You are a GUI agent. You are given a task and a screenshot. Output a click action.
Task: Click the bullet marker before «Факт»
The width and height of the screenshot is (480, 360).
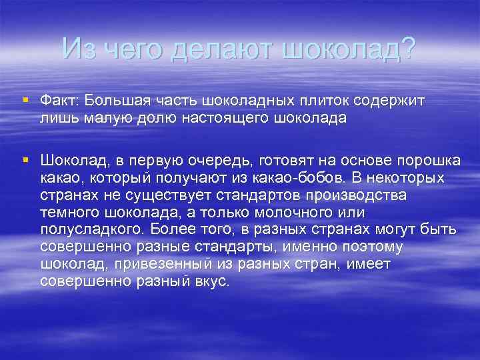(25, 99)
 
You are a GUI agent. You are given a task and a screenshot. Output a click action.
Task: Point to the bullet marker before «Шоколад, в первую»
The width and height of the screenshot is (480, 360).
(25, 160)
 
